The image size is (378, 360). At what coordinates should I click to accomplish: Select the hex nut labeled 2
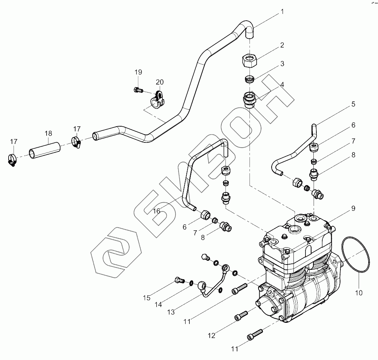coord(249,60)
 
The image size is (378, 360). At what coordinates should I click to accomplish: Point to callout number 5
coord(353,103)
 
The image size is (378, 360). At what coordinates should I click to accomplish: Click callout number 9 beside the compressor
coord(353,208)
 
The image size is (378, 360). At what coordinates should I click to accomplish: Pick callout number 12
coord(212,335)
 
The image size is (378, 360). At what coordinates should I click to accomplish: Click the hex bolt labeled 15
coord(178,280)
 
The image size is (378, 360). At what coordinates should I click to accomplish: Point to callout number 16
coord(157,211)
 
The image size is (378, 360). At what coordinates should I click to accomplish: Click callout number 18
coord(48,133)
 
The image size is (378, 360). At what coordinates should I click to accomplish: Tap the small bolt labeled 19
coord(138,90)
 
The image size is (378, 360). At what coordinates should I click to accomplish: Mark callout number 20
coord(160,82)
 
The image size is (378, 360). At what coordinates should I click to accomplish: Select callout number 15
coord(146,298)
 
